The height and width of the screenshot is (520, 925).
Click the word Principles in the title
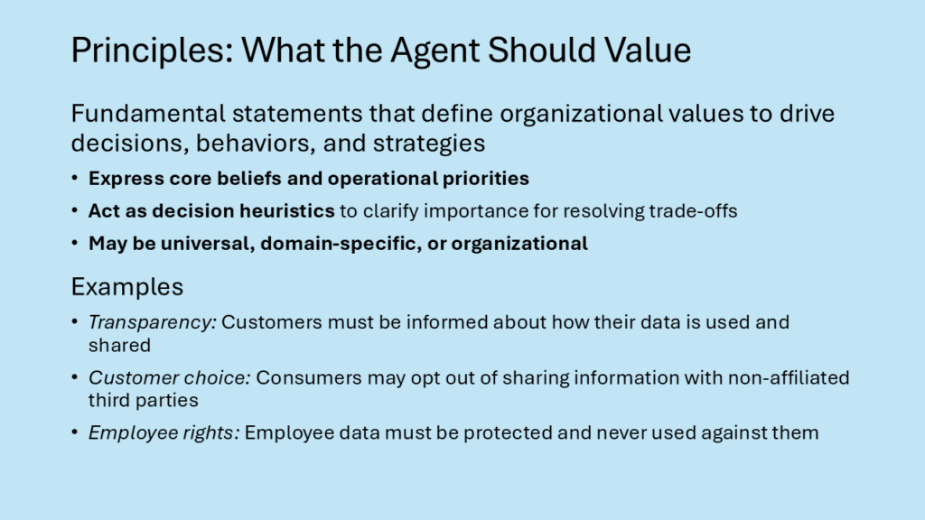(x=152, y=51)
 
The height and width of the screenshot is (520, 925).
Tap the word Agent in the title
(x=434, y=51)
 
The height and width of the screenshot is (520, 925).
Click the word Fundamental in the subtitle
(x=148, y=113)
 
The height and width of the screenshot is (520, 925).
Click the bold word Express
(x=126, y=179)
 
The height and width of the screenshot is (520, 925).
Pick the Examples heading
(x=126, y=287)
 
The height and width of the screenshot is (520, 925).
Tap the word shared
(x=120, y=345)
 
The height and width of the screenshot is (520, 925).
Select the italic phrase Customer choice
(x=169, y=377)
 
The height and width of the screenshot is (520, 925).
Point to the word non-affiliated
(x=789, y=377)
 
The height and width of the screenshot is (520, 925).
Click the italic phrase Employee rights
(x=164, y=432)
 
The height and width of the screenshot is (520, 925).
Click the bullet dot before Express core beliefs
(x=74, y=178)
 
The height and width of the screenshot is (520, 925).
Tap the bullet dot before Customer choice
(x=74, y=376)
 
